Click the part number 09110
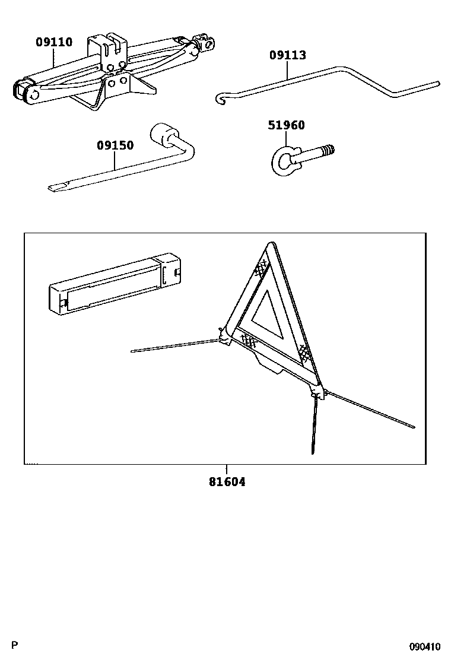[x=54, y=42]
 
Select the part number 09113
[x=288, y=56]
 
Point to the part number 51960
[x=286, y=125]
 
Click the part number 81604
[x=227, y=482]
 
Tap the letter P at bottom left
[x=15, y=646]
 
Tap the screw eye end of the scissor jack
[x=205, y=43]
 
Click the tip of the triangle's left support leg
[x=133, y=351]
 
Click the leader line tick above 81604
[x=226, y=469]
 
